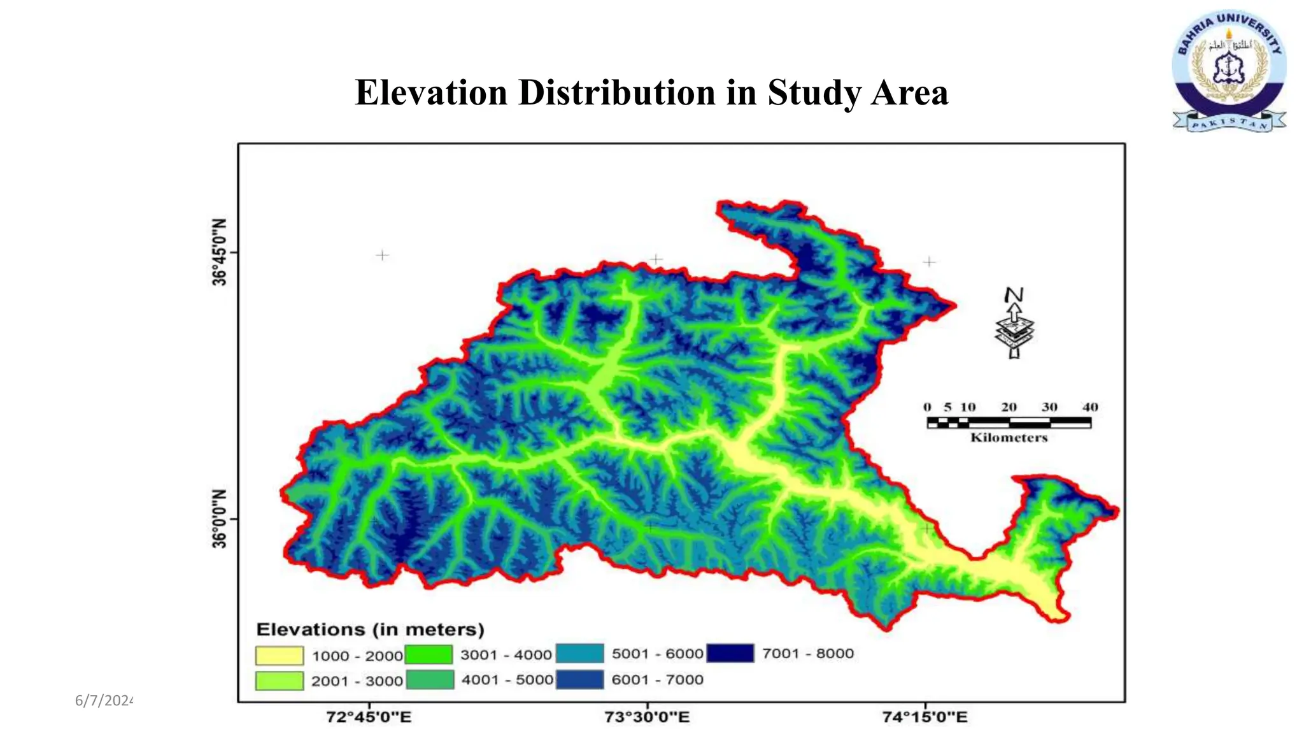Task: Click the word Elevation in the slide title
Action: click(431, 92)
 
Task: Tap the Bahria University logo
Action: click(1229, 70)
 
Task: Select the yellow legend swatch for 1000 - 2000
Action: click(279, 656)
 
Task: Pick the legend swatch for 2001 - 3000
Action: click(279, 680)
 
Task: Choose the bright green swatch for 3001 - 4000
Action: click(429, 654)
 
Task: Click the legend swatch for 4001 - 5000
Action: click(430, 680)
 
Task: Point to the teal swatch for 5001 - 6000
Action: click(579, 654)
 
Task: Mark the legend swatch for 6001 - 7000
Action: click(579, 679)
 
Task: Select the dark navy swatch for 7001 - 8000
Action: click(730, 653)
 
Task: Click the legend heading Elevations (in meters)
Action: click(370, 630)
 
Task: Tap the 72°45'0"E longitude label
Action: click(369, 717)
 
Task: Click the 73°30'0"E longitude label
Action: click(647, 717)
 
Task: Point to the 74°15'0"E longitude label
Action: click(925, 717)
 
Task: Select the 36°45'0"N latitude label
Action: click(219, 252)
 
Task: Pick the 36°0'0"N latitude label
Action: click(219, 519)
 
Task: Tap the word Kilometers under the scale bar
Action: click(1009, 438)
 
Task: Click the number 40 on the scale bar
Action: click(1089, 407)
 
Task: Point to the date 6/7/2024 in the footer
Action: click(104, 701)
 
